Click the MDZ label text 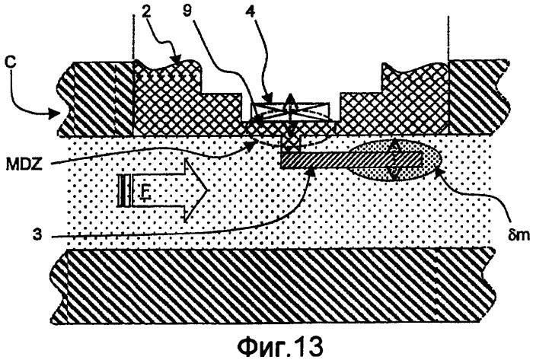click(x=24, y=164)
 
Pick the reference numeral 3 click(x=37, y=235)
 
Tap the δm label click(x=519, y=234)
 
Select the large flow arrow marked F click(x=162, y=190)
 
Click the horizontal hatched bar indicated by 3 click(x=351, y=160)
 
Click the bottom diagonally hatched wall click(x=272, y=286)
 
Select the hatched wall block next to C click(x=96, y=98)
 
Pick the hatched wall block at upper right click(x=479, y=98)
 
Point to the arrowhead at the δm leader click(x=438, y=170)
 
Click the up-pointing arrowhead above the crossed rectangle click(x=290, y=98)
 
